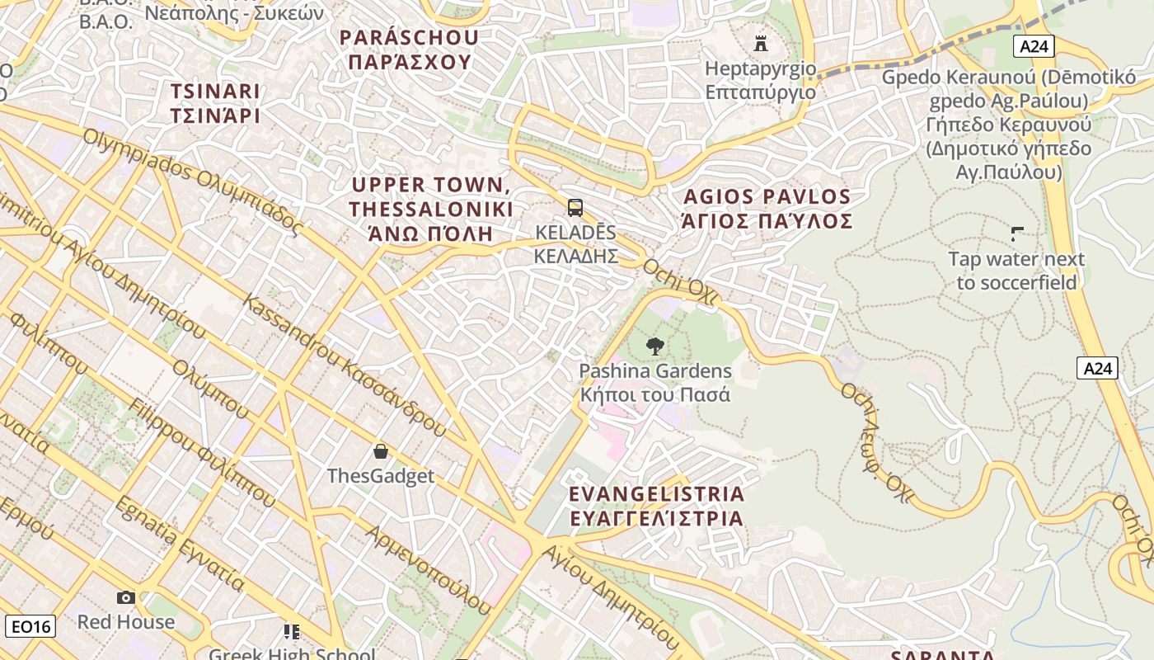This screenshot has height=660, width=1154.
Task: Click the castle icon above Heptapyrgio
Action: (x=760, y=43)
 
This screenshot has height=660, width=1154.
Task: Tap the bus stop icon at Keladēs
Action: (x=575, y=208)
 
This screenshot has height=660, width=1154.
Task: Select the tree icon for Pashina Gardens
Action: (x=655, y=346)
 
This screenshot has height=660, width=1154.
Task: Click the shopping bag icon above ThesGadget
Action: (x=381, y=451)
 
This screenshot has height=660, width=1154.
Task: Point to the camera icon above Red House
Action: (x=126, y=597)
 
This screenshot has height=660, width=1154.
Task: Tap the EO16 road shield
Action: (x=32, y=626)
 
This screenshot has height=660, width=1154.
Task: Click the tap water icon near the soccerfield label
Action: (x=1017, y=234)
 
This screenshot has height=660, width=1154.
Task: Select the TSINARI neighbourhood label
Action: (x=215, y=103)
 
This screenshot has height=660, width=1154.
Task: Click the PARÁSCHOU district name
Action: (x=409, y=49)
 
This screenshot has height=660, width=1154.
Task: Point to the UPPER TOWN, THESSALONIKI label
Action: (x=430, y=209)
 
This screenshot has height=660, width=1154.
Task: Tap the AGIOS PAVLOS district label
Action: (x=767, y=209)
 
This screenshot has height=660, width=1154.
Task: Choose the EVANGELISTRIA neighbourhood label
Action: (x=656, y=506)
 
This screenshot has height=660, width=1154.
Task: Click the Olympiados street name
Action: (x=194, y=181)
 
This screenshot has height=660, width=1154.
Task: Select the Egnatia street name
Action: (x=180, y=544)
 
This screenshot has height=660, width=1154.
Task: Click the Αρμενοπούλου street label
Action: (x=429, y=569)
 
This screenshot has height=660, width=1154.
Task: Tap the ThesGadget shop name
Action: (x=381, y=476)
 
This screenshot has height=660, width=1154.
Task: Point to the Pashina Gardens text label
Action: (x=655, y=383)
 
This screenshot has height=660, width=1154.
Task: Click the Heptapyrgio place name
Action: (x=760, y=79)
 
